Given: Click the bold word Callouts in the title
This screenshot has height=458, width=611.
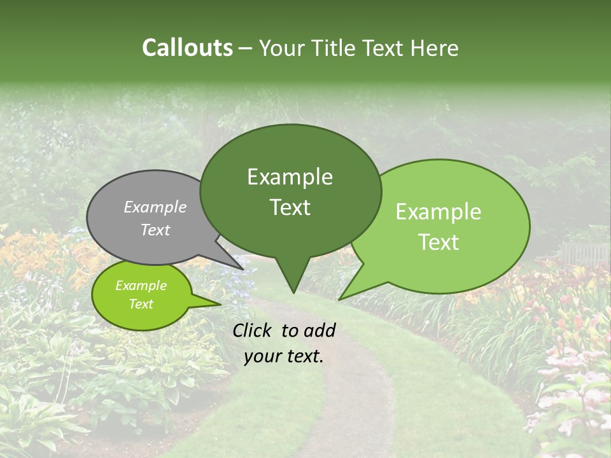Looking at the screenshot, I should [x=187, y=48].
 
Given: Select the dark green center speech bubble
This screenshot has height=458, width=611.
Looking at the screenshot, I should [x=290, y=191].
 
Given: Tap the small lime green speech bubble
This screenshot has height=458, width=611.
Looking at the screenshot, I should [x=141, y=295].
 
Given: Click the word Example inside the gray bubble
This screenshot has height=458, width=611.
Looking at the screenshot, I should [x=155, y=207].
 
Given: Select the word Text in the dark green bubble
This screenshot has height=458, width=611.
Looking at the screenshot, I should [x=290, y=207].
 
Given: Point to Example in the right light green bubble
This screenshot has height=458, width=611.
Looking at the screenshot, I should [x=439, y=212].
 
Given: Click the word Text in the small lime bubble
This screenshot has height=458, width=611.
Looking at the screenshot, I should [x=141, y=304].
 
